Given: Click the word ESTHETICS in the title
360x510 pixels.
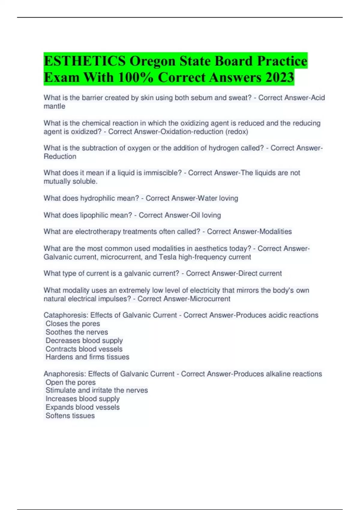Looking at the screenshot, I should (x=85, y=61).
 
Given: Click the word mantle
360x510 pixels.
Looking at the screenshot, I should (x=54, y=106).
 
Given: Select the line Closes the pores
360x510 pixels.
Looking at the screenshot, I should (x=73, y=324).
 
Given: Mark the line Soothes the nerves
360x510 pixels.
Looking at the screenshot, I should (x=76, y=332).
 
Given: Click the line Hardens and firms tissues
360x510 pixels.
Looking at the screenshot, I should (x=87, y=357).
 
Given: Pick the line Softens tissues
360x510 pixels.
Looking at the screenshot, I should (x=70, y=416).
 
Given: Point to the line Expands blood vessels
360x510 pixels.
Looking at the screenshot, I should (x=82, y=407).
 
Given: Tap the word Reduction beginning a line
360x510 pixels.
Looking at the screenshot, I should (x=60, y=157).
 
